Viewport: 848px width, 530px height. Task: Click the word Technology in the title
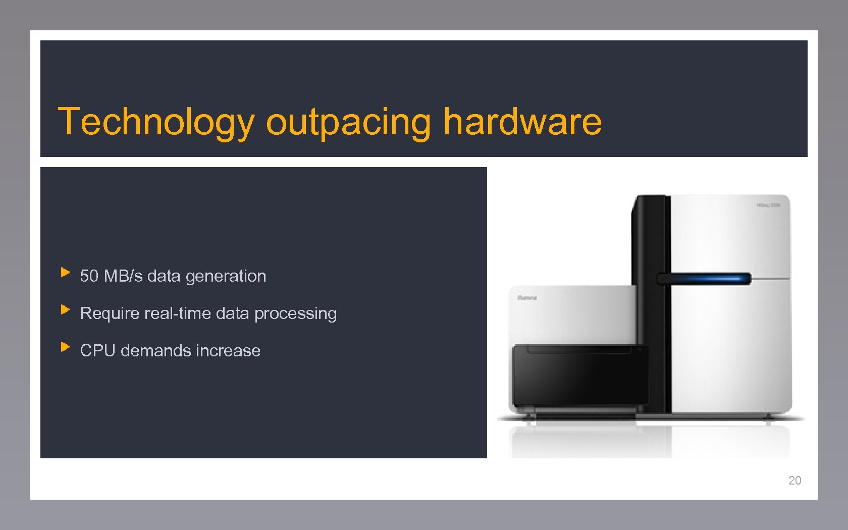156,122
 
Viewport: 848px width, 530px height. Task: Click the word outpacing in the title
348,122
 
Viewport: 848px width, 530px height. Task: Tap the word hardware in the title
522,122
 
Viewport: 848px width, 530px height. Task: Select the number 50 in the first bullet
89,276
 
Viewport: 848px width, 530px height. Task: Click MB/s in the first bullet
123,276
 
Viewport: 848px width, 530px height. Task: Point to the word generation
226,277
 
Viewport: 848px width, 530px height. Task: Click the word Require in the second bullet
110,313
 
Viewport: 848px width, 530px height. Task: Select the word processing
295,314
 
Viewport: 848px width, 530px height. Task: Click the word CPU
97,351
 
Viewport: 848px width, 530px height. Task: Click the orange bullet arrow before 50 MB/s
65,273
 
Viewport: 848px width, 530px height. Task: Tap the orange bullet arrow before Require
65,310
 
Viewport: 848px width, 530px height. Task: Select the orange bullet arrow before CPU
65,347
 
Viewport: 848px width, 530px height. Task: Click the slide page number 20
794,481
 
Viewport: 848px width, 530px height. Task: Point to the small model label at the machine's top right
768,205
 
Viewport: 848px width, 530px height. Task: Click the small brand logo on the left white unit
527,298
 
